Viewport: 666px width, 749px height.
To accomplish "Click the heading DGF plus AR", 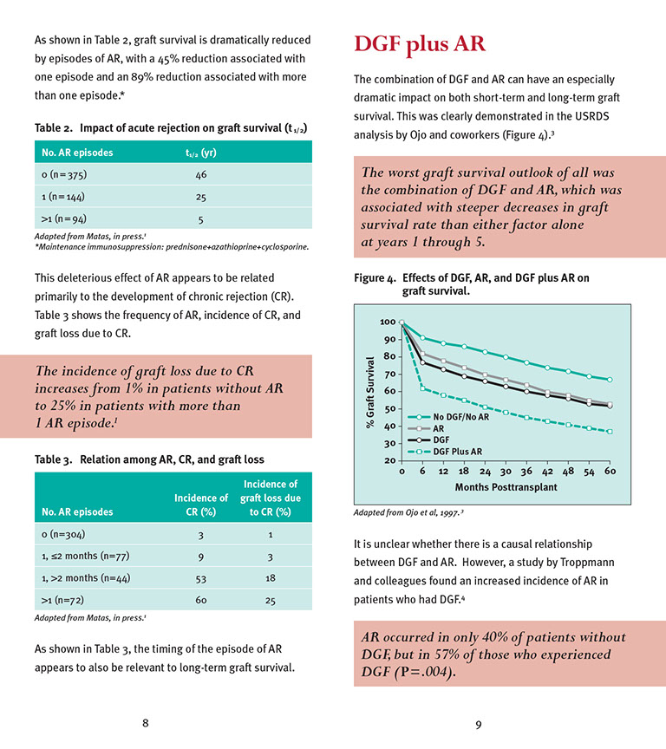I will pyautogui.click(x=419, y=44).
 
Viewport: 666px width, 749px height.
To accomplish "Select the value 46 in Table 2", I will pyautogui.click(x=200, y=174).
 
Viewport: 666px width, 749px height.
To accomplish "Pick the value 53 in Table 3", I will pyautogui.click(x=201, y=576).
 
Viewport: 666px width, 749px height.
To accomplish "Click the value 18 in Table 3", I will pyautogui.click(x=271, y=576).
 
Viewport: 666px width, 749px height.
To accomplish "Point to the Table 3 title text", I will pyautogui.click(x=149, y=459).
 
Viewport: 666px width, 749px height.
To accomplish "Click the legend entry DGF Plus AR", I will pyautogui.click(x=457, y=451).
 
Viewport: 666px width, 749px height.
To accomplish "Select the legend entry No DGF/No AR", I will pyautogui.click(x=460, y=417).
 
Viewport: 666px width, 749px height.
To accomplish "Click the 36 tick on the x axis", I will pyautogui.click(x=526, y=472).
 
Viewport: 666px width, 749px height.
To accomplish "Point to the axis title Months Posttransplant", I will pyautogui.click(x=506, y=487).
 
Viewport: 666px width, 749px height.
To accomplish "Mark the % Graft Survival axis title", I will pyautogui.click(x=370, y=391).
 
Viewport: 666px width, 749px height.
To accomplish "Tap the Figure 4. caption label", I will pyautogui.click(x=375, y=278).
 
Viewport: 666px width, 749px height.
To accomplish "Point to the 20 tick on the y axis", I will pyautogui.click(x=391, y=460).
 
